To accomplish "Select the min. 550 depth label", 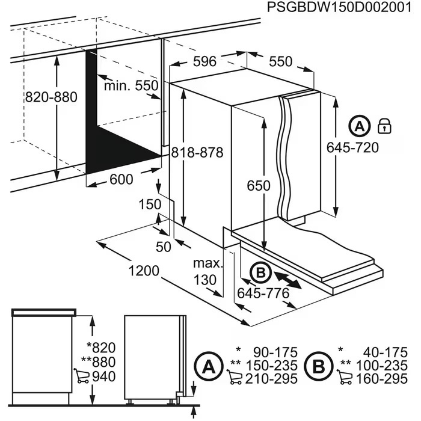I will [131, 85].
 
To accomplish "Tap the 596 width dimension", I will [205, 61].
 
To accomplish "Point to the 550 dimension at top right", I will [280, 61].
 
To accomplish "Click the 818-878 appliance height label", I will [196, 153].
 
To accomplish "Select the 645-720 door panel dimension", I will [352, 147].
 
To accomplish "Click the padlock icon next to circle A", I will [384, 126].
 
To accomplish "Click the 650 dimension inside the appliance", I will [259, 186].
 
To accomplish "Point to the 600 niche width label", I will [122, 179].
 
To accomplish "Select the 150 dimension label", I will [149, 204].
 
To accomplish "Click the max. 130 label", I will [207, 271].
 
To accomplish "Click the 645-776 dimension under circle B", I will [263, 293].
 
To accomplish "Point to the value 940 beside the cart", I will [103, 377].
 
